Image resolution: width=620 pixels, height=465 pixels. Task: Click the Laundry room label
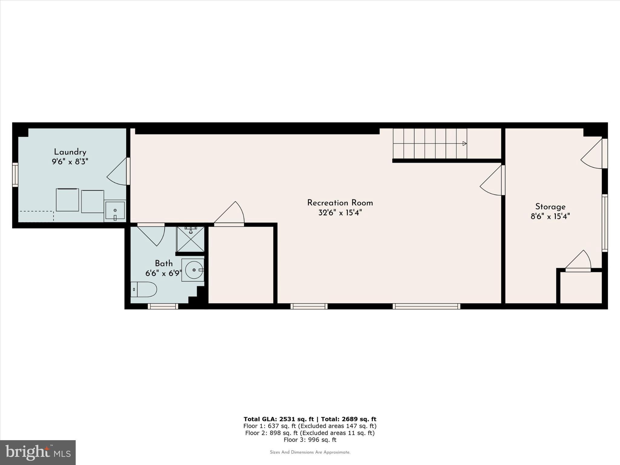click(70, 152)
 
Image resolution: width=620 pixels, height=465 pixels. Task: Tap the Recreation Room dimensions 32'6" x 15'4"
click(340, 213)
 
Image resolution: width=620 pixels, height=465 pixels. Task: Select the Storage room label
click(550, 207)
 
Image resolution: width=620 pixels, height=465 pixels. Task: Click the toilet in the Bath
click(144, 289)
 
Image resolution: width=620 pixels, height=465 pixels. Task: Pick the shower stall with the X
click(190, 239)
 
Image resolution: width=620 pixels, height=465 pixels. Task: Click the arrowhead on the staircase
click(464, 143)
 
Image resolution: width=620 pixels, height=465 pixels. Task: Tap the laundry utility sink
click(115, 210)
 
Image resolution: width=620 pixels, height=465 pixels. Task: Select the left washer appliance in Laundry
click(68, 200)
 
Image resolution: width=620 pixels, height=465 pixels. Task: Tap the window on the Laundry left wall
click(15, 175)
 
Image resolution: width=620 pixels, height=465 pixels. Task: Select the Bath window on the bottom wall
click(163, 306)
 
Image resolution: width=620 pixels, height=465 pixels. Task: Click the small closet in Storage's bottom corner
click(581, 288)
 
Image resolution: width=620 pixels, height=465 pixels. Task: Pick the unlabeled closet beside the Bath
click(241, 265)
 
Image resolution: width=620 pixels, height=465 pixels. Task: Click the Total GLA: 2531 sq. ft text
click(278, 419)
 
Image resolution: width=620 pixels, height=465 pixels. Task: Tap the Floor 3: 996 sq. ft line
click(310, 440)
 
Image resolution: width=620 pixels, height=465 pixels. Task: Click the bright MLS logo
click(38, 452)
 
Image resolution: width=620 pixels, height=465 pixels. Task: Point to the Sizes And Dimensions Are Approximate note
click(310, 452)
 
